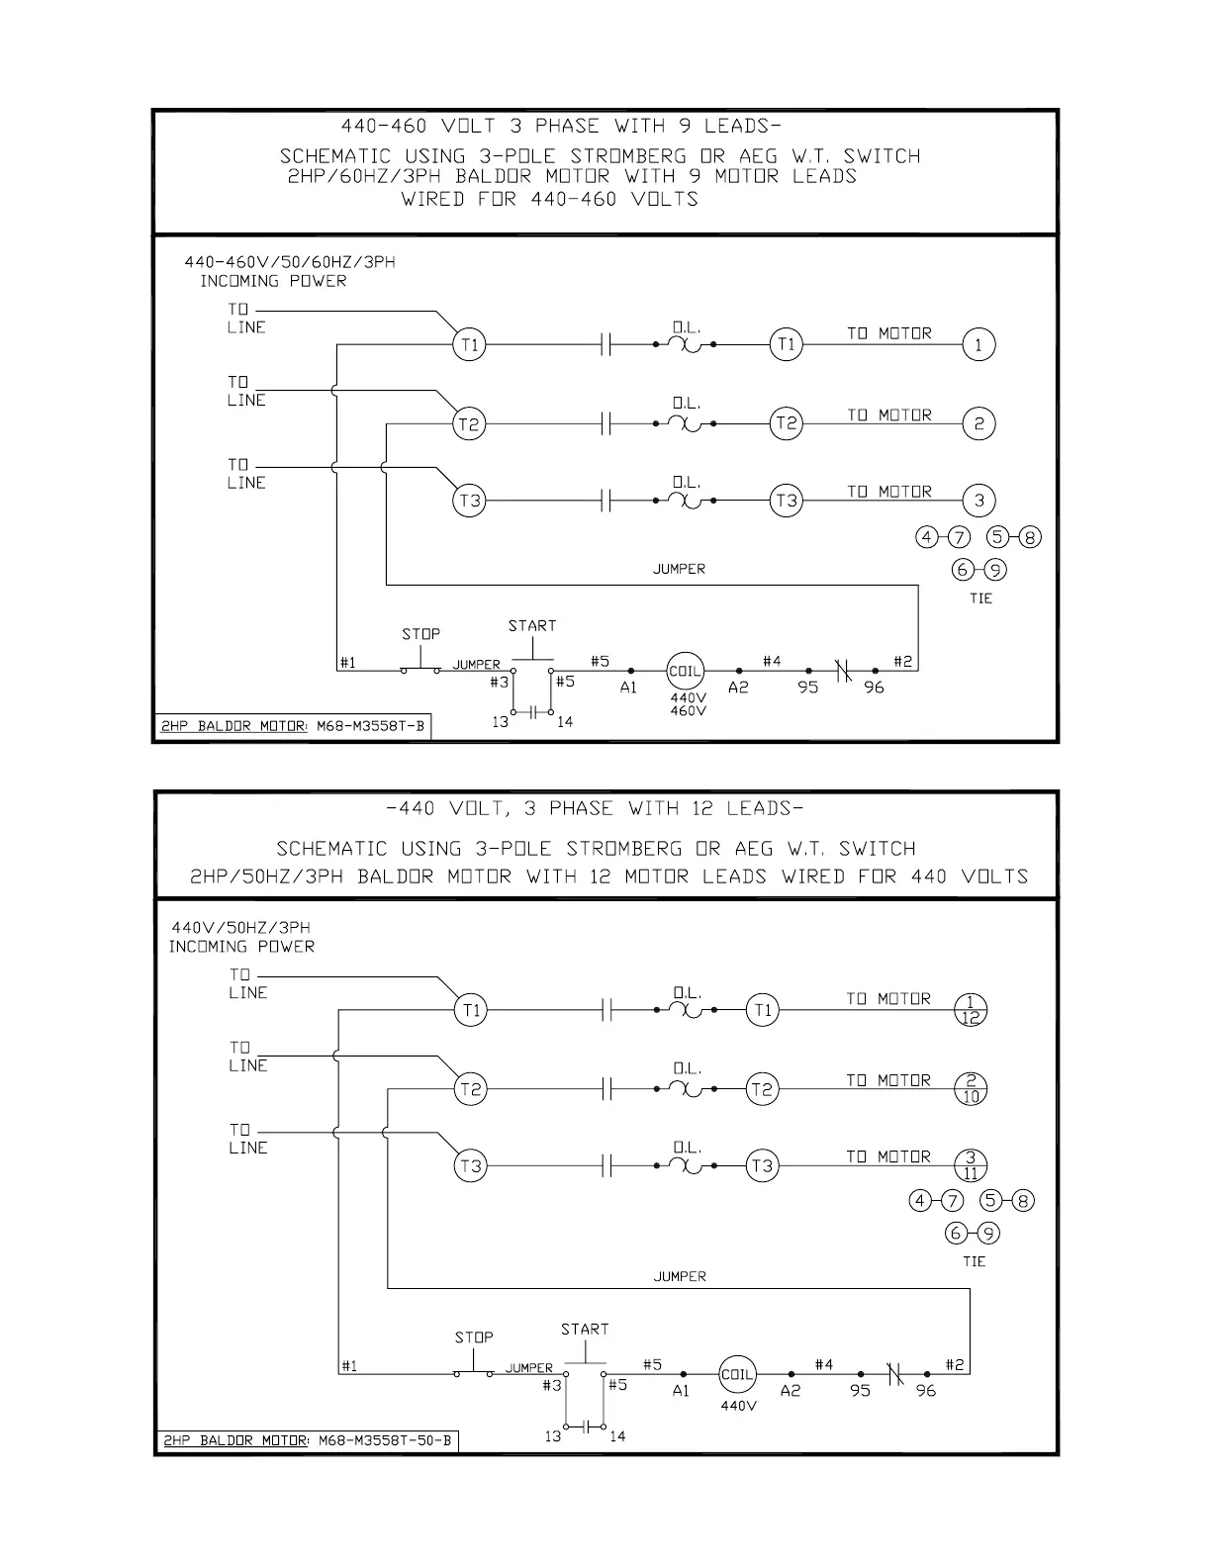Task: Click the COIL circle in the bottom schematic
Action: pos(737,1374)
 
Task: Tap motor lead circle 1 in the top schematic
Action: pos(978,345)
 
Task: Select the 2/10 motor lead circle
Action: pos(971,1089)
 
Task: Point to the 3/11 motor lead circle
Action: pos(971,1165)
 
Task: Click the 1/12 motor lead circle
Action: pos(971,1010)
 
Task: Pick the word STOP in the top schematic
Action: pos(420,634)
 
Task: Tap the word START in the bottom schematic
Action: pos(585,1329)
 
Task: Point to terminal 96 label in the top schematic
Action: pos(874,688)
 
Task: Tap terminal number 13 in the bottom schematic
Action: pos(552,1436)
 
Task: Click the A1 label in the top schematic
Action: pos(628,688)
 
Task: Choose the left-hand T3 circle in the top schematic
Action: pos(469,501)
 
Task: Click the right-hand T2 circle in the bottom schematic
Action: pos(761,1090)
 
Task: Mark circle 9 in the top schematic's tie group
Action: pos(995,570)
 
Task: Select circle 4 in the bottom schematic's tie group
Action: pos(921,1201)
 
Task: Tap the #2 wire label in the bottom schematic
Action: pos(954,1365)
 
